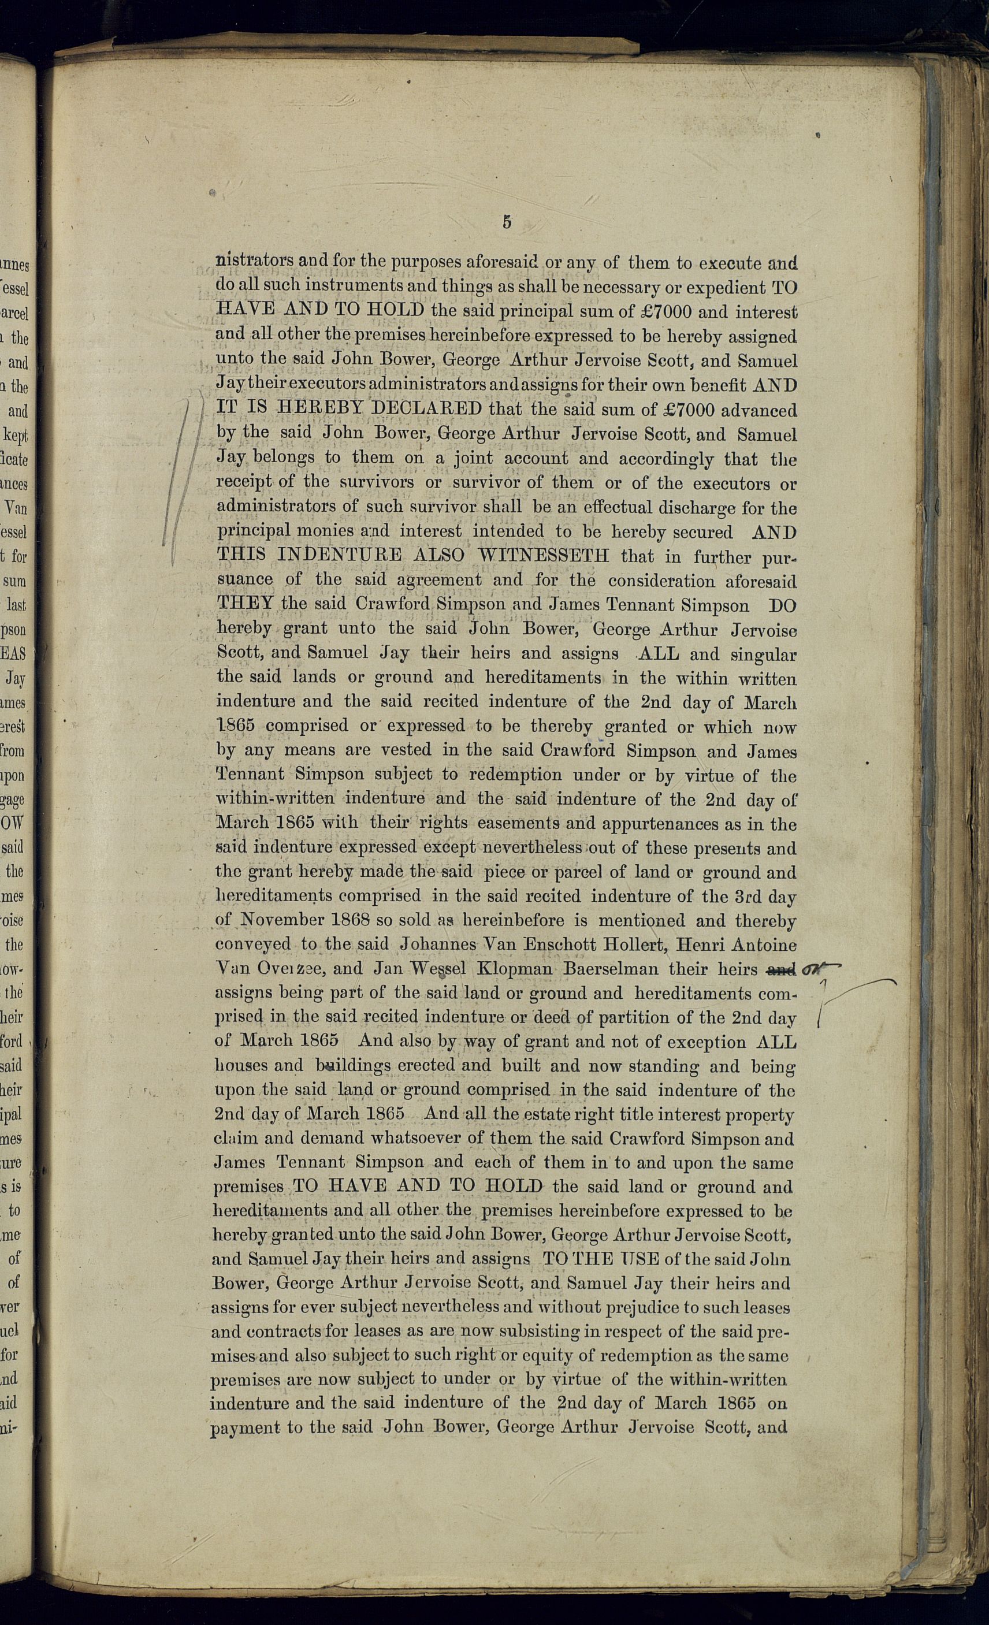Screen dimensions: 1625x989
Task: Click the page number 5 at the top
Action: pyautogui.click(x=507, y=222)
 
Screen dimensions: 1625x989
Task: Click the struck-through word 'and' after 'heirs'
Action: pyautogui.click(x=781, y=969)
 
